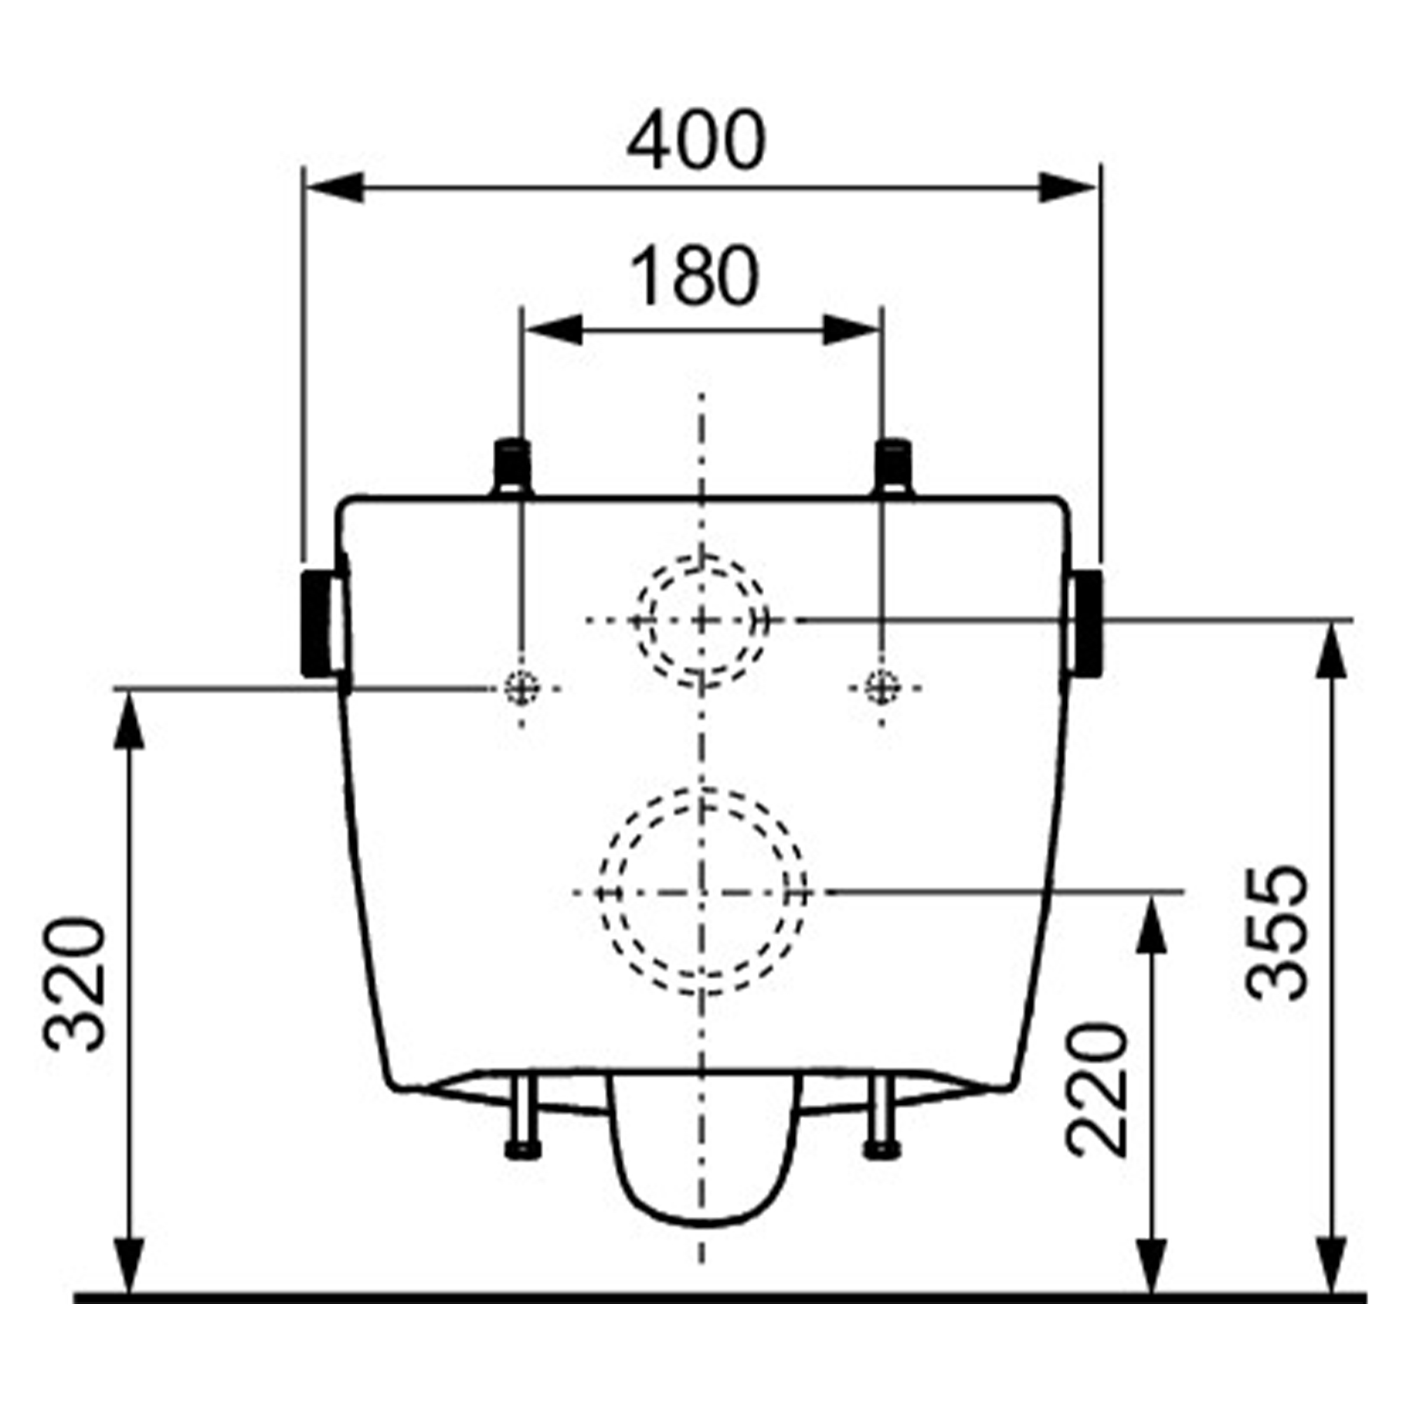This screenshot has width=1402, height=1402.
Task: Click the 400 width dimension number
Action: click(x=696, y=140)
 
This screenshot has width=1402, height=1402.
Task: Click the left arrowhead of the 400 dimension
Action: click(x=335, y=188)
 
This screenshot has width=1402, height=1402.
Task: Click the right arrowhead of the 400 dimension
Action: click(x=1067, y=188)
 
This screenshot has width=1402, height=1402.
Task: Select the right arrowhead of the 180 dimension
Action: click(x=851, y=331)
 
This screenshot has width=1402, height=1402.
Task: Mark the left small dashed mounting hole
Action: click(x=522, y=687)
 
